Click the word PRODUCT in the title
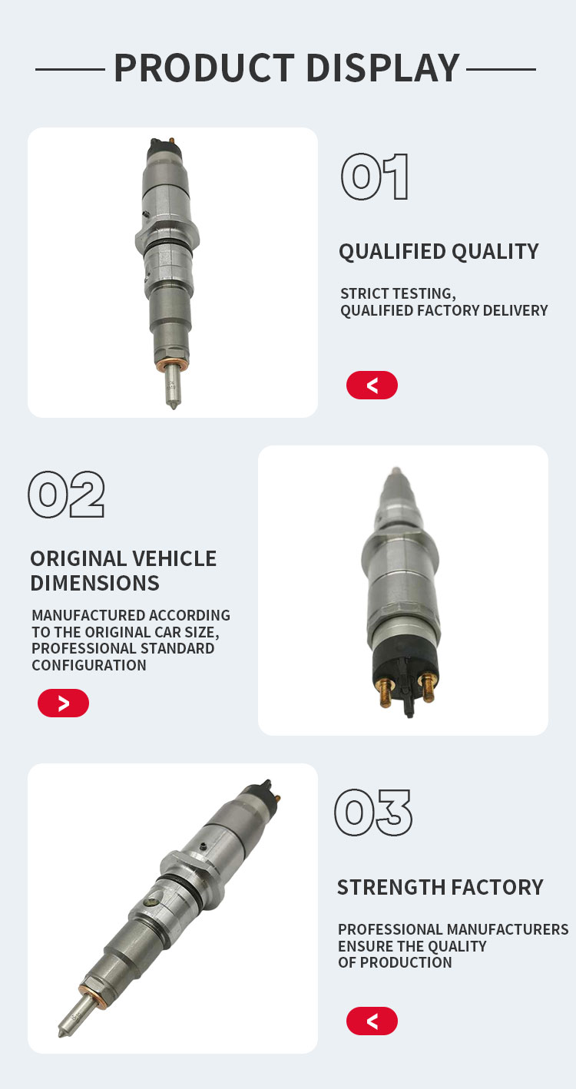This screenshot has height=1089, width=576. tap(204, 68)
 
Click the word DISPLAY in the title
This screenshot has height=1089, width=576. tap(383, 68)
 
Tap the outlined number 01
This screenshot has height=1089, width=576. tap(375, 177)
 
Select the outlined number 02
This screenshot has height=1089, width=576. tap(66, 494)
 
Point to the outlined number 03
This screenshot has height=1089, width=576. tap(373, 813)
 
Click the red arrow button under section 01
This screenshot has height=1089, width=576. tap(372, 385)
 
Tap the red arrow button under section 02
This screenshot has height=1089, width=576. tap(63, 703)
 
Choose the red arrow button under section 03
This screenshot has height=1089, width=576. tap(372, 1021)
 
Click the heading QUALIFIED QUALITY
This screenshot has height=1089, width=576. tap(439, 252)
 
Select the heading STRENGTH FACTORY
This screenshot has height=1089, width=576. tap(440, 887)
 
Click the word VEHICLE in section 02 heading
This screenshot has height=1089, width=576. tap(174, 558)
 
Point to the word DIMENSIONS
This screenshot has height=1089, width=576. tap(94, 583)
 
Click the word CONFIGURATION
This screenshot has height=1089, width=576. tap(89, 665)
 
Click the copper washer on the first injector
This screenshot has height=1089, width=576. tap(170, 365)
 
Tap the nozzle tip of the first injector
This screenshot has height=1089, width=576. tap(174, 406)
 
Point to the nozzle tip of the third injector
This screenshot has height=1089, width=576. tap(61, 1033)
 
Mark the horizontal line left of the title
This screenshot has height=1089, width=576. tap(70, 69)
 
